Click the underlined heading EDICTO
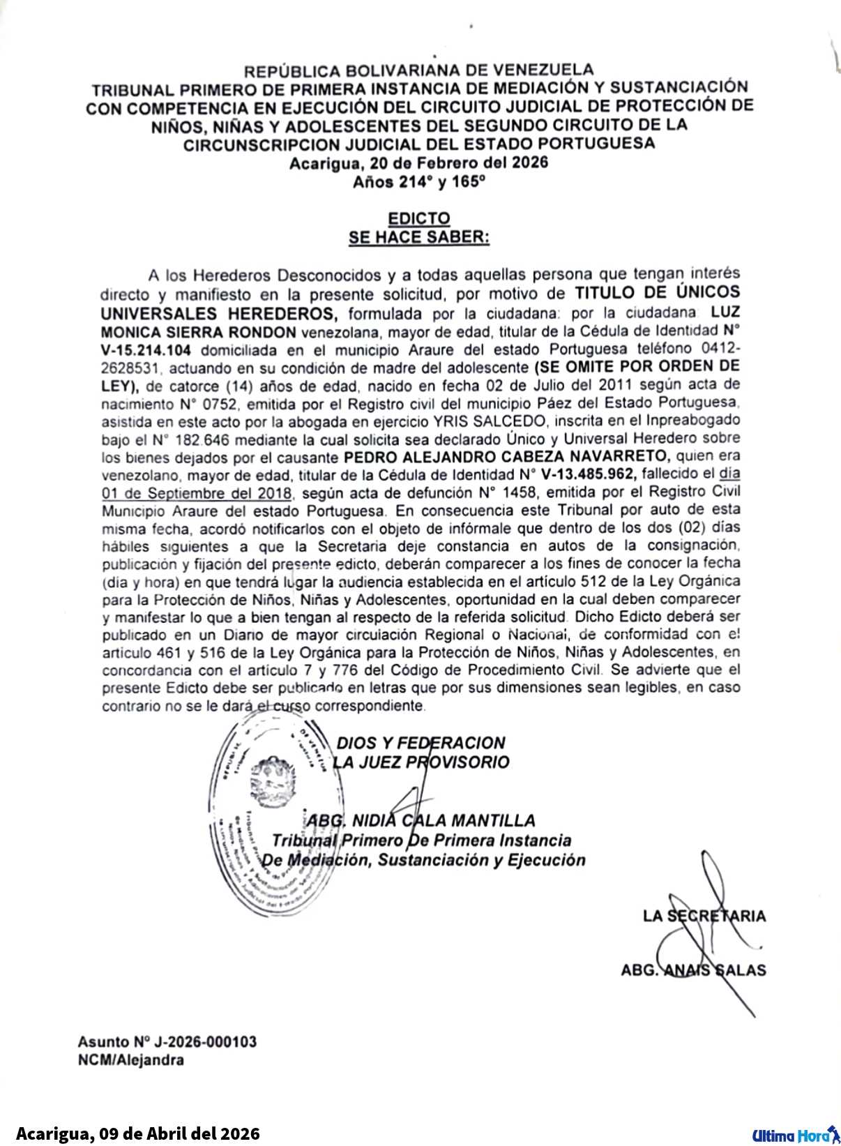419,218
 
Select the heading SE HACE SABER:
419,237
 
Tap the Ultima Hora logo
796,1136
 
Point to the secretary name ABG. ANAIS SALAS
693,970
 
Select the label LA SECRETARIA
704,916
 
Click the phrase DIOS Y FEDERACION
420,743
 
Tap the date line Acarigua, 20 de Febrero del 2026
419,163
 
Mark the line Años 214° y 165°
419,182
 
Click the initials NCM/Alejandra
131,1060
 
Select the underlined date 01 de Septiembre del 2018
197,493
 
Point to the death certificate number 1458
523,492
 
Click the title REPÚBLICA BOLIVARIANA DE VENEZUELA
419,70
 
